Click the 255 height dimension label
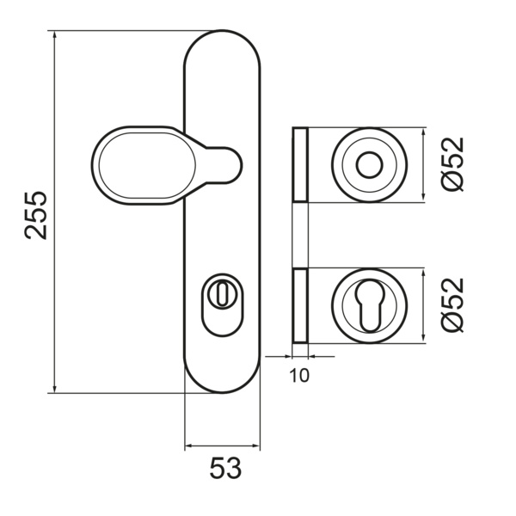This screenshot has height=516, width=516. pos(35,212)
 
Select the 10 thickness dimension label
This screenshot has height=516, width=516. pos(299,375)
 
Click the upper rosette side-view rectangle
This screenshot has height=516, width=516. pos(299,165)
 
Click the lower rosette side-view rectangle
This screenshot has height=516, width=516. pos(299,304)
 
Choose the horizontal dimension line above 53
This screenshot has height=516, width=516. pos(222,448)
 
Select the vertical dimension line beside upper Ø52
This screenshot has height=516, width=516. pos(424,165)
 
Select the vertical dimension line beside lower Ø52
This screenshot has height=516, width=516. pos(424,304)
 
